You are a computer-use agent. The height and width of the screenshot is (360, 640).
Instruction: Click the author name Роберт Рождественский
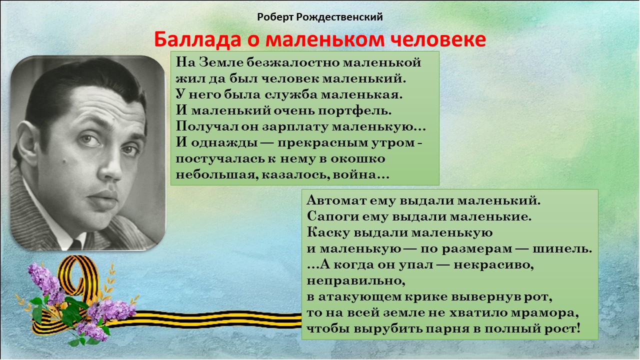(319, 17)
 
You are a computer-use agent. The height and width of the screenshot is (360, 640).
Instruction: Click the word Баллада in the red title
(197, 39)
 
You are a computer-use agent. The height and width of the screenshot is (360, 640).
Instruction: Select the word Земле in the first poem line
(220, 62)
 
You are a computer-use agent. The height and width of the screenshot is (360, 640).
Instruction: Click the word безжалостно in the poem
(293, 62)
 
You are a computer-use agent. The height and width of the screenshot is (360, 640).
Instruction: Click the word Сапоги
(332, 216)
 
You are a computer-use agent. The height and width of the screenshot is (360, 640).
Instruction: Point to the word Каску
(328, 232)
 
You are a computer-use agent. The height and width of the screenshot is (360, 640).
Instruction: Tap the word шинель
(562, 249)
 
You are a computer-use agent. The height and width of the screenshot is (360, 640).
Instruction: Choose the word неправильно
(356, 281)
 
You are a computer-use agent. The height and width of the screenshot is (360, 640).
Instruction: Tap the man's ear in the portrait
(27, 142)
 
